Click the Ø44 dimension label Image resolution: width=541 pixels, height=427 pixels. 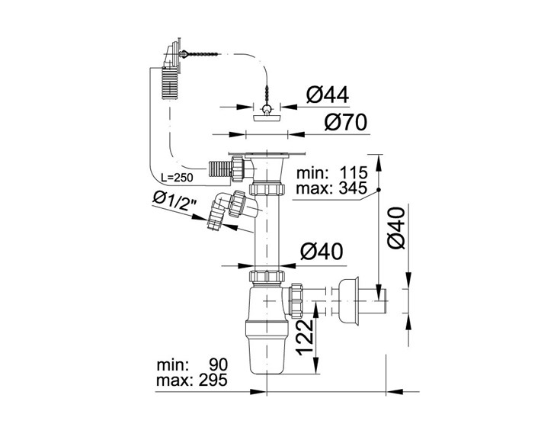(x=328, y=95)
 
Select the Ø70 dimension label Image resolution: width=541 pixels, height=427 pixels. (x=346, y=122)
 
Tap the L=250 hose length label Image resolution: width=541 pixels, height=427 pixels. (x=178, y=178)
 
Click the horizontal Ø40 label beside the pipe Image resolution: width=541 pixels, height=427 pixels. (x=322, y=252)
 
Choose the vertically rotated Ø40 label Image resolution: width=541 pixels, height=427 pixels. (x=395, y=227)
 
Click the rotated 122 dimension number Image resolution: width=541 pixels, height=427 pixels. (x=305, y=337)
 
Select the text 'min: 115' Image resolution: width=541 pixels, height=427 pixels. (x=332, y=172)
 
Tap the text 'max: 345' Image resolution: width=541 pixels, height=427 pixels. (x=331, y=188)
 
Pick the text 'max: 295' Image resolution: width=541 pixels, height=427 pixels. (x=192, y=380)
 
